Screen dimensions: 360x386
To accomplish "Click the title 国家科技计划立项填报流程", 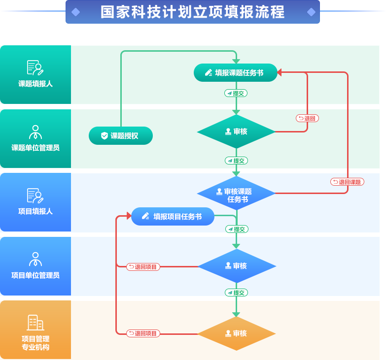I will pos(193,12).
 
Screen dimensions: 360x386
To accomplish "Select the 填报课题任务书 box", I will pos(236,73).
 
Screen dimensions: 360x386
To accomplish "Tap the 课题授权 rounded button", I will pos(121,136).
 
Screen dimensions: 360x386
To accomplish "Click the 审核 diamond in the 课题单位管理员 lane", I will pos(236,131).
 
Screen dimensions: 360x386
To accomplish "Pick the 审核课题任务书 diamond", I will pos(236,195).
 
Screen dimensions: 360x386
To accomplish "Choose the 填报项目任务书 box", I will pos(173,216).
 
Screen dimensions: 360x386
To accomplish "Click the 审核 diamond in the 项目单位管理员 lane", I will pos(236,266).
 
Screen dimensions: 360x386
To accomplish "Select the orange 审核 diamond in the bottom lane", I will pos(236,333).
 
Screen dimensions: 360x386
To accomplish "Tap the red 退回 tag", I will pos(307,118).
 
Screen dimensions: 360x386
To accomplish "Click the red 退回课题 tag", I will pos(347,182).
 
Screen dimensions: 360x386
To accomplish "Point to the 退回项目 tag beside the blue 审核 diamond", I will pos(142,267).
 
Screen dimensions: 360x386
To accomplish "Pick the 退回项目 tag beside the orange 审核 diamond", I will pos(142,333).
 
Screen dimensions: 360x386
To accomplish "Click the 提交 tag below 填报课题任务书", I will pos(236,93).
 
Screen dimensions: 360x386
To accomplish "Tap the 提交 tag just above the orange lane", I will pos(236,293).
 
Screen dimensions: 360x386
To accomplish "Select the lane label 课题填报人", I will pos(35,84).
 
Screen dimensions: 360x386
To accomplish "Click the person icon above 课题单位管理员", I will pos(35,132).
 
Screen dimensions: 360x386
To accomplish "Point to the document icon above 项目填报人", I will pos(35,196).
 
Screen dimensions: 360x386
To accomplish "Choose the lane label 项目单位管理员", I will pos(35,275).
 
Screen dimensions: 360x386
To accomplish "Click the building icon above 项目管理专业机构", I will pos(35,323).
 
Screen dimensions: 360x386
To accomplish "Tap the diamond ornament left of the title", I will pos(75,12).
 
